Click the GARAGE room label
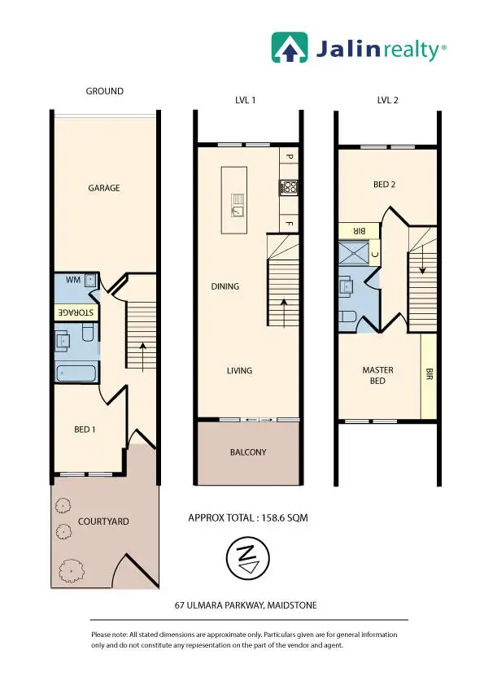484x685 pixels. tap(104, 188)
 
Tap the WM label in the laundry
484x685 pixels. tap(73, 280)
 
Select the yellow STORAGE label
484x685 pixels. tap(76, 312)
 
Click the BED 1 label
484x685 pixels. tap(85, 429)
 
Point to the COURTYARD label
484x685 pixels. tap(103, 521)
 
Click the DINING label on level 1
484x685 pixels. tap(225, 286)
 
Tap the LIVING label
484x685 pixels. tap(239, 371)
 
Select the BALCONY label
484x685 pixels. tap(248, 452)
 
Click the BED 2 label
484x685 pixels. tap(384, 185)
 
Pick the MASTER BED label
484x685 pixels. tap(377, 375)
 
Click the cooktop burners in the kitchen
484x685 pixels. tap(288, 186)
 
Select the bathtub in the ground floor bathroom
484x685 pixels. tap(76, 374)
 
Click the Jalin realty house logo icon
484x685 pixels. tap(288, 48)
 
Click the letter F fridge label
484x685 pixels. tap(288, 221)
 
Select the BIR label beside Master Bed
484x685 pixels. tap(429, 375)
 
